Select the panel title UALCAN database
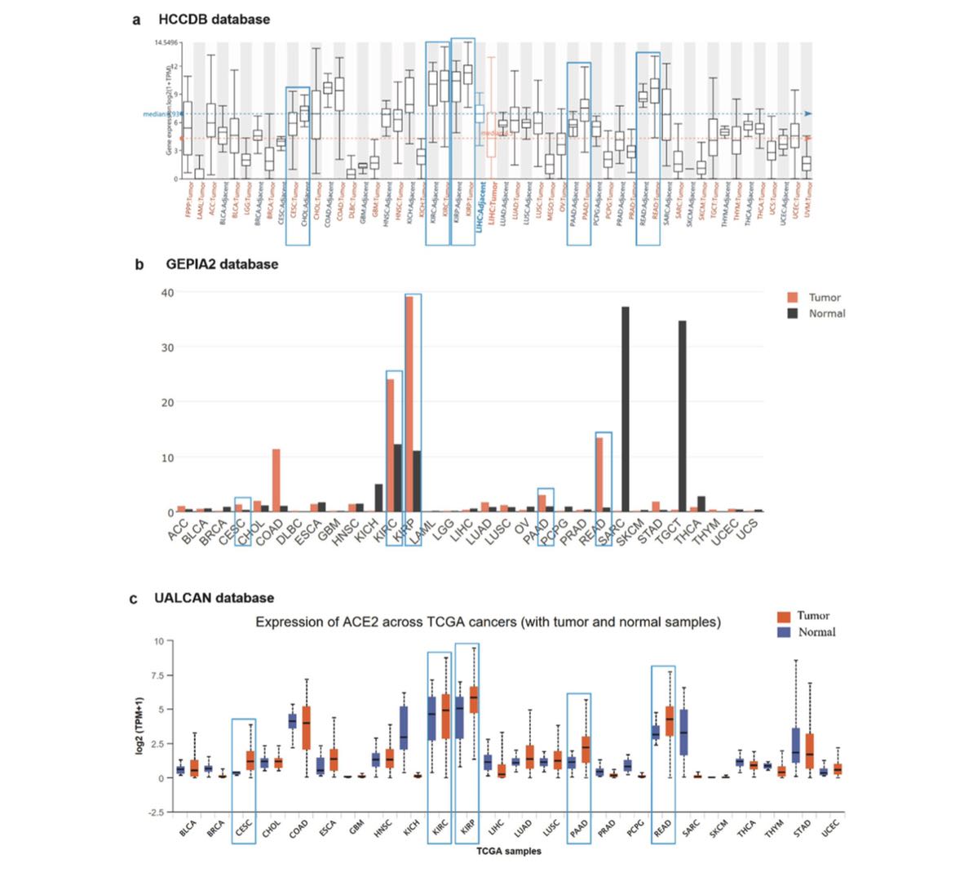[214, 598]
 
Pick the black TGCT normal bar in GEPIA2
[682, 416]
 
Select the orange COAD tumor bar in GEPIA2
[276, 480]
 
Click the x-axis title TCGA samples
[508, 852]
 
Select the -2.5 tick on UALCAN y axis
[153, 812]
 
